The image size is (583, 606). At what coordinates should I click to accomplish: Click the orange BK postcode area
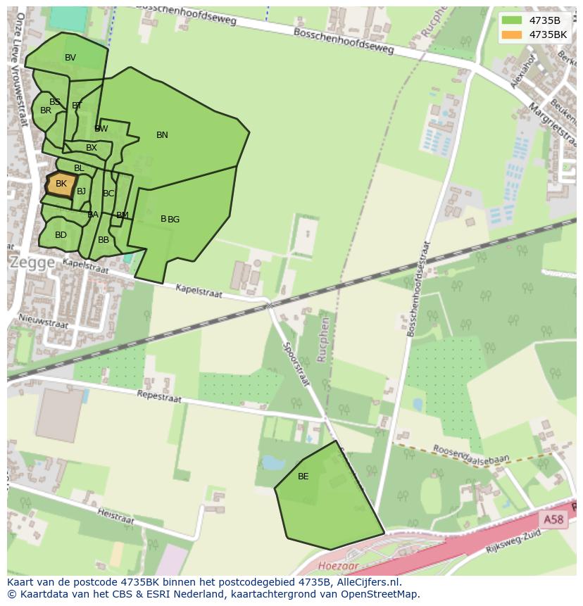(61, 184)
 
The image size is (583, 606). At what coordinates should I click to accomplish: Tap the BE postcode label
(303, 476)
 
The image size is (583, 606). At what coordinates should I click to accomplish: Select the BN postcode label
(162, 135)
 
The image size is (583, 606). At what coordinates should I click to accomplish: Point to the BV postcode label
(70, 58)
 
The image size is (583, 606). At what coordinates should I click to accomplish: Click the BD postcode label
(61, 235)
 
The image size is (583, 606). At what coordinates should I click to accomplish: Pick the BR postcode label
(46, 111)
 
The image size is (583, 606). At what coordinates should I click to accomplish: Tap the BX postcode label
(92, 148)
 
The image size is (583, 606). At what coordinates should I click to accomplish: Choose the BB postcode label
(104, 240)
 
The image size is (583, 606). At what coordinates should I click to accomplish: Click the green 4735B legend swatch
(512, 20)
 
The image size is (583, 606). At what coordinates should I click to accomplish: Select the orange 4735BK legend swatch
(512, 34)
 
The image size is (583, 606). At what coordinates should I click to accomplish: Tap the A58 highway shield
(553, 519)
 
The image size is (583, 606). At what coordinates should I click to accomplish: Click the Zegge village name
(32, 263)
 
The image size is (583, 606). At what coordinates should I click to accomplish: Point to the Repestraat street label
(158, 397)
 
